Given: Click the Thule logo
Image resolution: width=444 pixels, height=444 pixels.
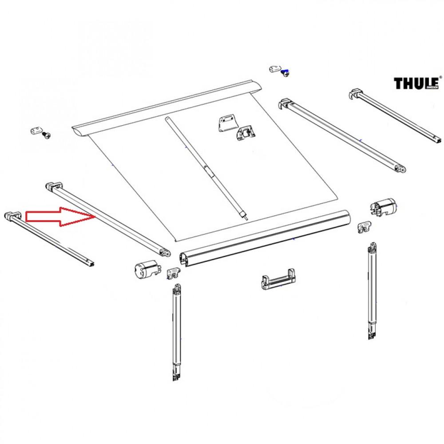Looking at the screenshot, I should (x=416, y=83).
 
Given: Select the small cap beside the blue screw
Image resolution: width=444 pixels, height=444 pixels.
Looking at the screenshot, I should (x=275, y=68).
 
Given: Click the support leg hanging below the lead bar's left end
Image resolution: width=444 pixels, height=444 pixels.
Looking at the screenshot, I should (x=176, y=333).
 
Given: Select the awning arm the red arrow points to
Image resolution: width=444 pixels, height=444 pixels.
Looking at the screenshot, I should (x=107, y=218).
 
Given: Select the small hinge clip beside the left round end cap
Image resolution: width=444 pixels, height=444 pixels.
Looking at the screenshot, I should (x=172, y=273).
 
